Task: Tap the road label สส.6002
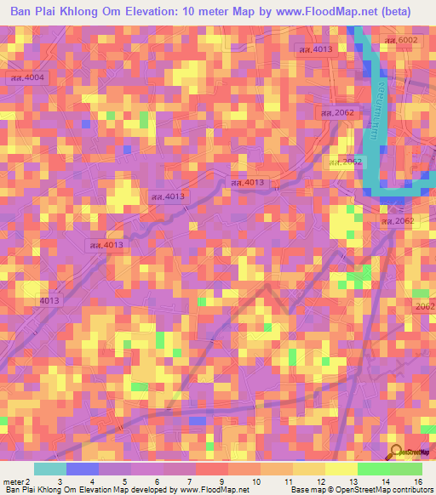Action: coord(401,40)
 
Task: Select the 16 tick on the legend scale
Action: coord(417,481)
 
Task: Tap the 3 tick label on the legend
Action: coord(59,481)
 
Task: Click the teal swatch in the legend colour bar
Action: coord(49,469)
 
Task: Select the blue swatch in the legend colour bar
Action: coord(83,469)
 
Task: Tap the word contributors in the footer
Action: coord(406,491)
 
